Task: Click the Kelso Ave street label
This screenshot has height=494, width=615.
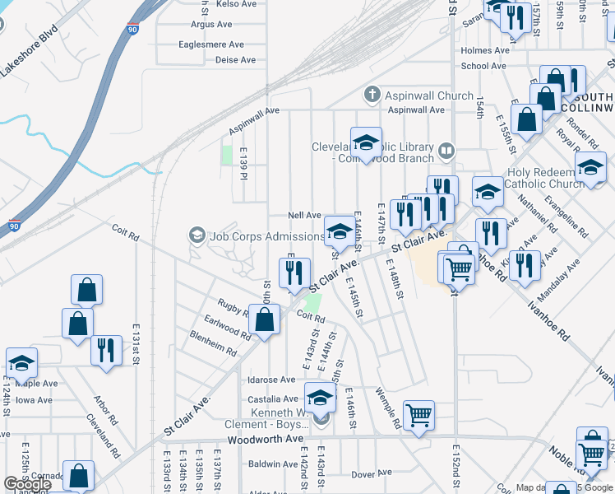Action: [236, 4]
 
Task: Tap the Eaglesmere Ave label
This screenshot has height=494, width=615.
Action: [211, 44]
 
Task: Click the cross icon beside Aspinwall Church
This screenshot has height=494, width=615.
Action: [372, 95]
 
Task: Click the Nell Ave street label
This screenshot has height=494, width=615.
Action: [304, 215]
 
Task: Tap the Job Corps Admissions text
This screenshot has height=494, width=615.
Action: [266, 236]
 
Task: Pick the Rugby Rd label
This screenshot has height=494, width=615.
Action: [234, 309]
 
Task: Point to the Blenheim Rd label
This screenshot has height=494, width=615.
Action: [213, 343]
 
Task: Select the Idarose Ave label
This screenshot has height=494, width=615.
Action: [271, 380]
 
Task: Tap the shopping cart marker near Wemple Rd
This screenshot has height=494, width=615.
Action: [419, 413]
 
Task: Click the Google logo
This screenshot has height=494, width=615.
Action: [27, 484]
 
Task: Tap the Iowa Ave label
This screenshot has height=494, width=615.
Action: [34, 400]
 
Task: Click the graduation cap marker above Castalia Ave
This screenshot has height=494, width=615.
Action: [321, 396]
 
